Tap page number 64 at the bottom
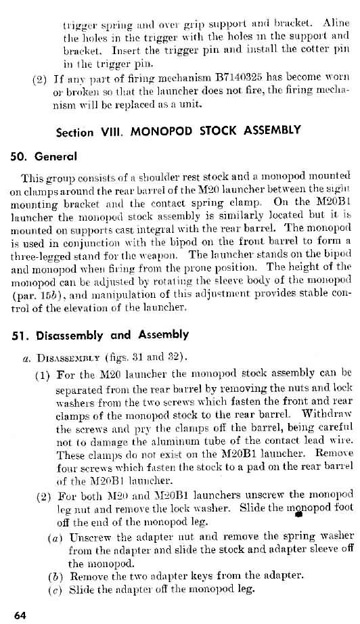(20, 615)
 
